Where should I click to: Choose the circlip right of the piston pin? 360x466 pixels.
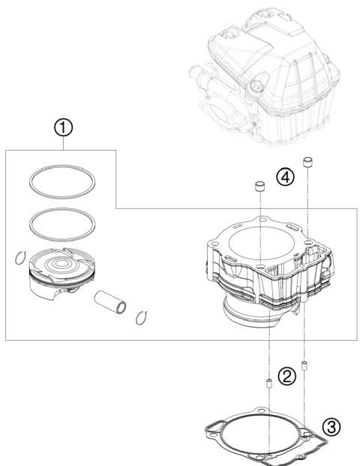[137, 319]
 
